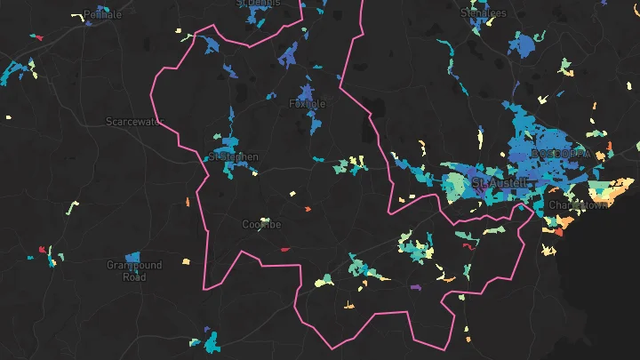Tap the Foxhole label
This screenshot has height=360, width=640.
click(x=308, y=104)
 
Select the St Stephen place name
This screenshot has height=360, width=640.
click(x=233, y=157)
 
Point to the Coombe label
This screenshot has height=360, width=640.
click(x=261, y=225)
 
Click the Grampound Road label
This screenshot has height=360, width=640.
click(x=133, y=271)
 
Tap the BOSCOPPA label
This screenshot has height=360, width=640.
click(x=559, y=154)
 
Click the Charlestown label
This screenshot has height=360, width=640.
click(x=578, y=205)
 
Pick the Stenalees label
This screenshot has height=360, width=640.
click(x=484, y=13)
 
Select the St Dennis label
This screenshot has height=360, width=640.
click(x=258, y=4)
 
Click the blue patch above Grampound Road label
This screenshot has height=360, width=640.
click(x=132, y=256)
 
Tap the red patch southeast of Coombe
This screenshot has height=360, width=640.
click(x=285, y=250)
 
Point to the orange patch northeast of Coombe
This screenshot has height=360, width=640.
click(x=308, y=209)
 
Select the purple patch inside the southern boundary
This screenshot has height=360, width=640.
click(x=414, y=287)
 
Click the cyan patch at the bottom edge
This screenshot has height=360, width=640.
click(x=210, y=342)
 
